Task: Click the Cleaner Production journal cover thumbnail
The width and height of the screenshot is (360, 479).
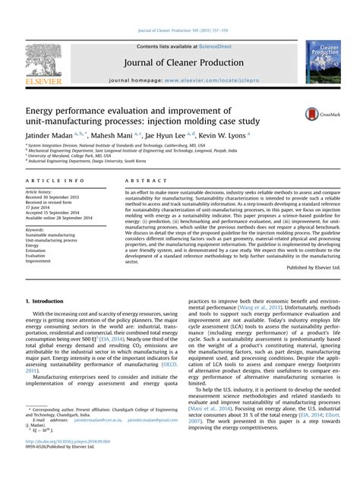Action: point(323,62)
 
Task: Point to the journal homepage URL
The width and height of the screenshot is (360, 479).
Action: point(215,79)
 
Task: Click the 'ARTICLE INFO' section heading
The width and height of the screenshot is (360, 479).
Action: point(55,181)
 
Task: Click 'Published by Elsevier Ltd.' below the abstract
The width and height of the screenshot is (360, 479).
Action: point(314,268)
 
